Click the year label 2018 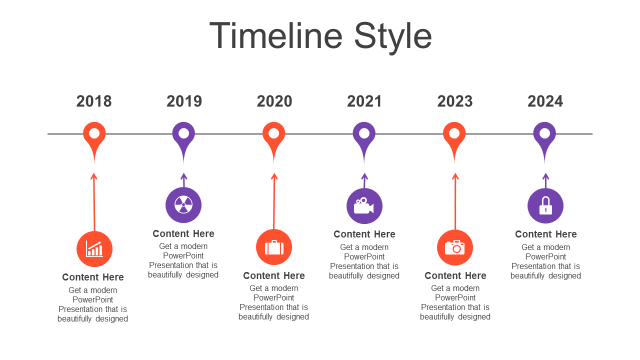(94, 101)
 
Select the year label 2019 (184, 101)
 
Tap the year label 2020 (274, 101)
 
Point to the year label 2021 (364, 101)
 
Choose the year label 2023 (455, 101)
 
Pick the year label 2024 (545, 101)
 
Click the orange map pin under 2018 (94, 140)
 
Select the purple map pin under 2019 (183, 140)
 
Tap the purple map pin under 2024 (544, 140)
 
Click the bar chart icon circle (94, 249)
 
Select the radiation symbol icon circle (183, 205)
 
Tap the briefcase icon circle (274, 247)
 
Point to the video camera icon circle (364, 206)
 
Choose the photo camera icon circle (455, 247)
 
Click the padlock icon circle (545, 205)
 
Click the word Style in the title (393, 36)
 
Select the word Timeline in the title (275, 35)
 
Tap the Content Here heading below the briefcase (274, 275)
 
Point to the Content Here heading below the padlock (546, 234)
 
